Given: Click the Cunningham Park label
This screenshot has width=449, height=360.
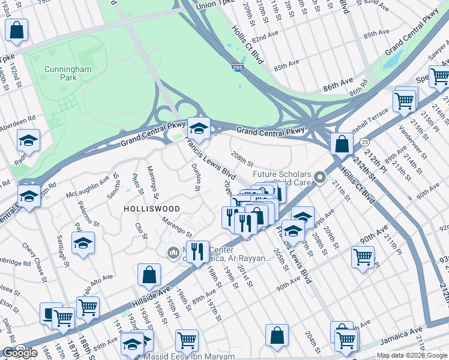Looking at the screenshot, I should coord(68,74).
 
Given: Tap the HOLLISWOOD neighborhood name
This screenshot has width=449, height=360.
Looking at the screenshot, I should coord(151,208).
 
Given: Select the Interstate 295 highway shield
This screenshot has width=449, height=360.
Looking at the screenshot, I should coord(238,68).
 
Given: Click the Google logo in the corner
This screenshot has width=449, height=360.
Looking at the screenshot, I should coord(20,353).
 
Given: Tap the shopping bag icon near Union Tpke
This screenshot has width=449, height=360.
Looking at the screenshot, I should coord(17,29).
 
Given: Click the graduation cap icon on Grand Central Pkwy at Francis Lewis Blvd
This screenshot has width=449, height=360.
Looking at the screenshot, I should coord(198,127).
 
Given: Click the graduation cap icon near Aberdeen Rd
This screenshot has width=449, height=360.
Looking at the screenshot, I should coord(28,140).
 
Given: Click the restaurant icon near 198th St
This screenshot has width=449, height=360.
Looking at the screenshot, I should coord(197,251).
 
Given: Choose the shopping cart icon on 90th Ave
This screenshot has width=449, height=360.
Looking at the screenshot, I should coord(363,257).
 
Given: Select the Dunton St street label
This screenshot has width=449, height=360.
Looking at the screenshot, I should coord(194,178).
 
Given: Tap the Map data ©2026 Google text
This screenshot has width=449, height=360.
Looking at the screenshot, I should coord(411,355).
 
